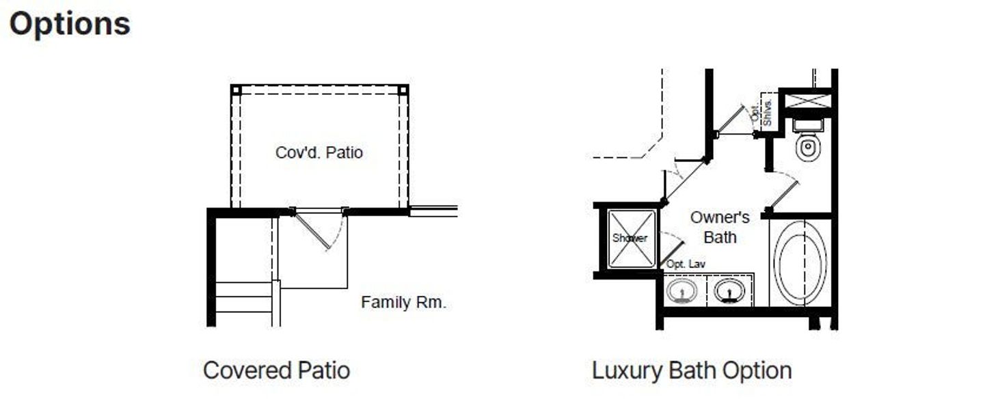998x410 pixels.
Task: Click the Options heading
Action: click(x=69, y=25)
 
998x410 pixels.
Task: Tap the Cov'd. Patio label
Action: click(x=319, y=152)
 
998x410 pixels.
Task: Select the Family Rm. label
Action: click(x=403, y=302)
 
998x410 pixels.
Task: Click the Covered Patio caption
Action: click(x=276, y=370)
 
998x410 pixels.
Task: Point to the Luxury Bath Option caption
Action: click(x=691, y=370)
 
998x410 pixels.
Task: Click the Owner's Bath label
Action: click(x=719, y=227)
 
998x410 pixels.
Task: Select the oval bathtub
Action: click(x=800, y=262)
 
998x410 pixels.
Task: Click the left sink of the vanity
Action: click(x=682, y=291)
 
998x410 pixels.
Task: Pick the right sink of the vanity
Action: click(x=729, y=290)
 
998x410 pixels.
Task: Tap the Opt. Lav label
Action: click(x=686, y=263)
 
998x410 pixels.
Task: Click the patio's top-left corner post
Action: click(x=237, y=90)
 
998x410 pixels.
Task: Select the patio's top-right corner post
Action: click(x=403, y=90)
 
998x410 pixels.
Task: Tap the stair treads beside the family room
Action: click(x=243, y=297)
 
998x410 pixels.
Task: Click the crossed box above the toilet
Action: click(x=807, y=101)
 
